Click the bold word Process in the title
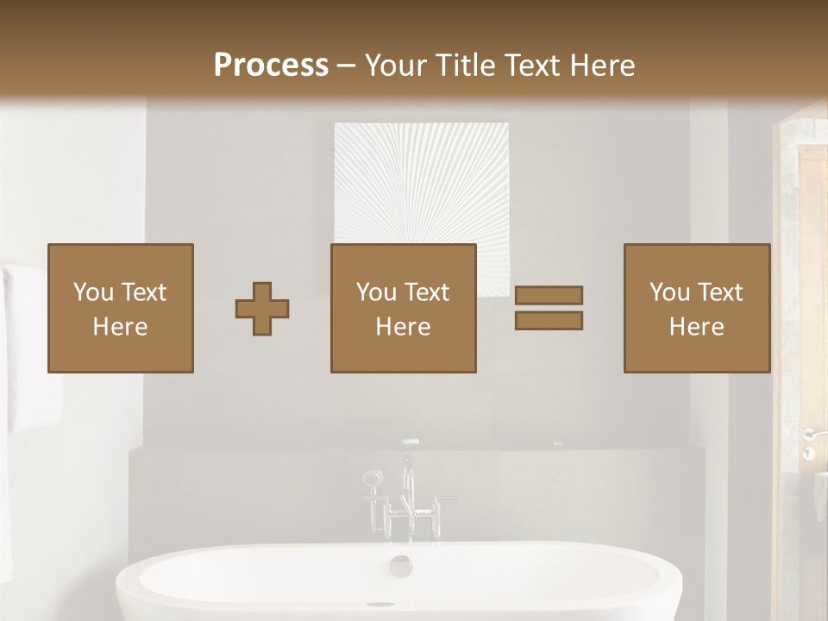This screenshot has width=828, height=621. [271, 66]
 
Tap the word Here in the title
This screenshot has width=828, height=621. [601, 66]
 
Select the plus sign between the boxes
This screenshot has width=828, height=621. [262, 309]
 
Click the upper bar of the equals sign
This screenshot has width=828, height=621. [549, 295]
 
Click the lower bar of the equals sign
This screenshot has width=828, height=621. [549, 320]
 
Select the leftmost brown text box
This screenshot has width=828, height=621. [120, 308]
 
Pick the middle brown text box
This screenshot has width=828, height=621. [403, 308]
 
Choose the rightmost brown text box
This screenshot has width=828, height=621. [696, 308]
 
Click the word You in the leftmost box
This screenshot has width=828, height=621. [93, 292]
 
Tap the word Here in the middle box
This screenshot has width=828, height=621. [403, 327]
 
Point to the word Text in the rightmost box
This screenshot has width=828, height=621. [720, 292]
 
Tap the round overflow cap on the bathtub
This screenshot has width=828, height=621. [401, 566]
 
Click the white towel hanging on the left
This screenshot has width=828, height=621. [26, 345]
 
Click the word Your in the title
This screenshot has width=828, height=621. [398, 66]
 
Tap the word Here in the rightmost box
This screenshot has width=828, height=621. [696, 327]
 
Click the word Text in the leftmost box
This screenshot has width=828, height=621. [143, 292]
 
